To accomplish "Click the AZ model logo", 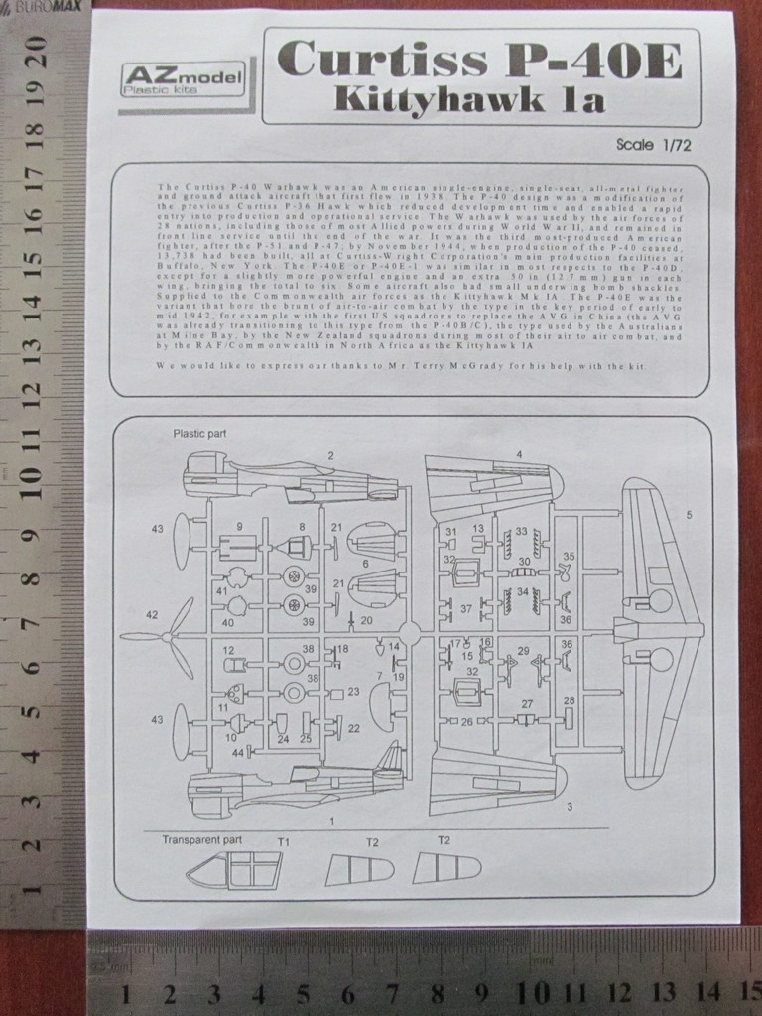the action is pos(182,78).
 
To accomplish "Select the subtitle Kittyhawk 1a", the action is pos(469,99).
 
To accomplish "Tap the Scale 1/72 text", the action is pos(652,144).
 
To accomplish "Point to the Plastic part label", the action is pos(198,433).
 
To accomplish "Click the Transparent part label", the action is pos(201,839).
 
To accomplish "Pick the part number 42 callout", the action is pos(151,615).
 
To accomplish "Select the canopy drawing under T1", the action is pos(234,870).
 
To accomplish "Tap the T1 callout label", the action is pos(283,841).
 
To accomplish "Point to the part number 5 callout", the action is pos(689,515).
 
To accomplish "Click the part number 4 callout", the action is pos(518,455).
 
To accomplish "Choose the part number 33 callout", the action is pos(522,532).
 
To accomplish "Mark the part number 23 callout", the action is pos(353,692).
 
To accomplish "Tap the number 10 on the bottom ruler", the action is pos(533,993).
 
